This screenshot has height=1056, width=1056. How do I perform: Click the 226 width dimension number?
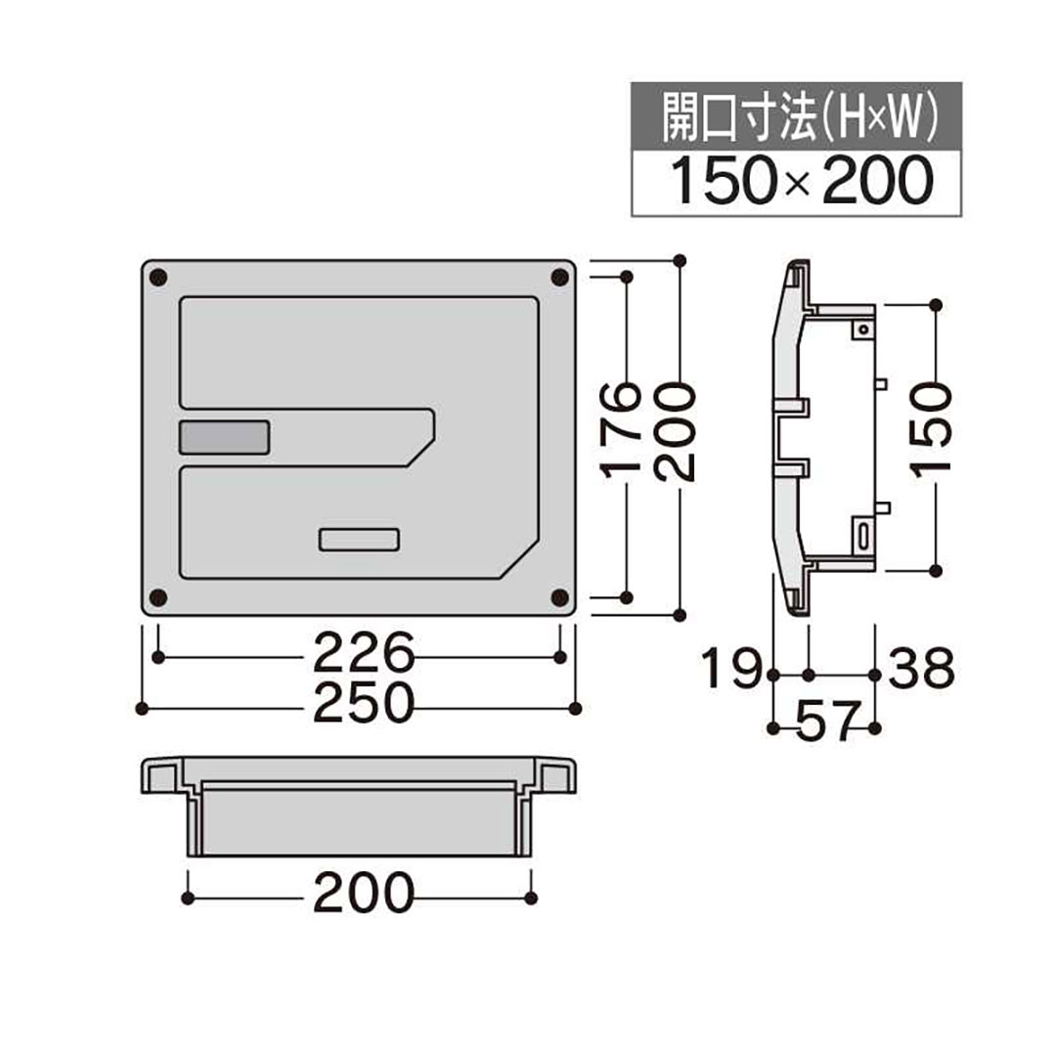point(364,652)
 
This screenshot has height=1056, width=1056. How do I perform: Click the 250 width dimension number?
point(364,703)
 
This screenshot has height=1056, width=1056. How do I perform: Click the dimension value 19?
point(731,671)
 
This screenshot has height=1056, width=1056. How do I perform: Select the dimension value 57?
point(823,723)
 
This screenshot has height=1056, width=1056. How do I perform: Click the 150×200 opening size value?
point(797,182)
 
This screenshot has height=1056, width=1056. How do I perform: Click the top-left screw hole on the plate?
point(159,279)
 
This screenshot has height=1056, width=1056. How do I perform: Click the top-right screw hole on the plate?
point(560,279)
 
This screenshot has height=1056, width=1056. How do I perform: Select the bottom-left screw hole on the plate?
point(159,596)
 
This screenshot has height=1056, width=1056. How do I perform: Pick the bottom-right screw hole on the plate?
point(560,596)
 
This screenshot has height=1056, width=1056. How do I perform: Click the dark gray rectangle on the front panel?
point(224,437)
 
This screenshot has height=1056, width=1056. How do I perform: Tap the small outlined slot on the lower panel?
point(359,539)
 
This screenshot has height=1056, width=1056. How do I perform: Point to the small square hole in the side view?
point(863,330)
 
